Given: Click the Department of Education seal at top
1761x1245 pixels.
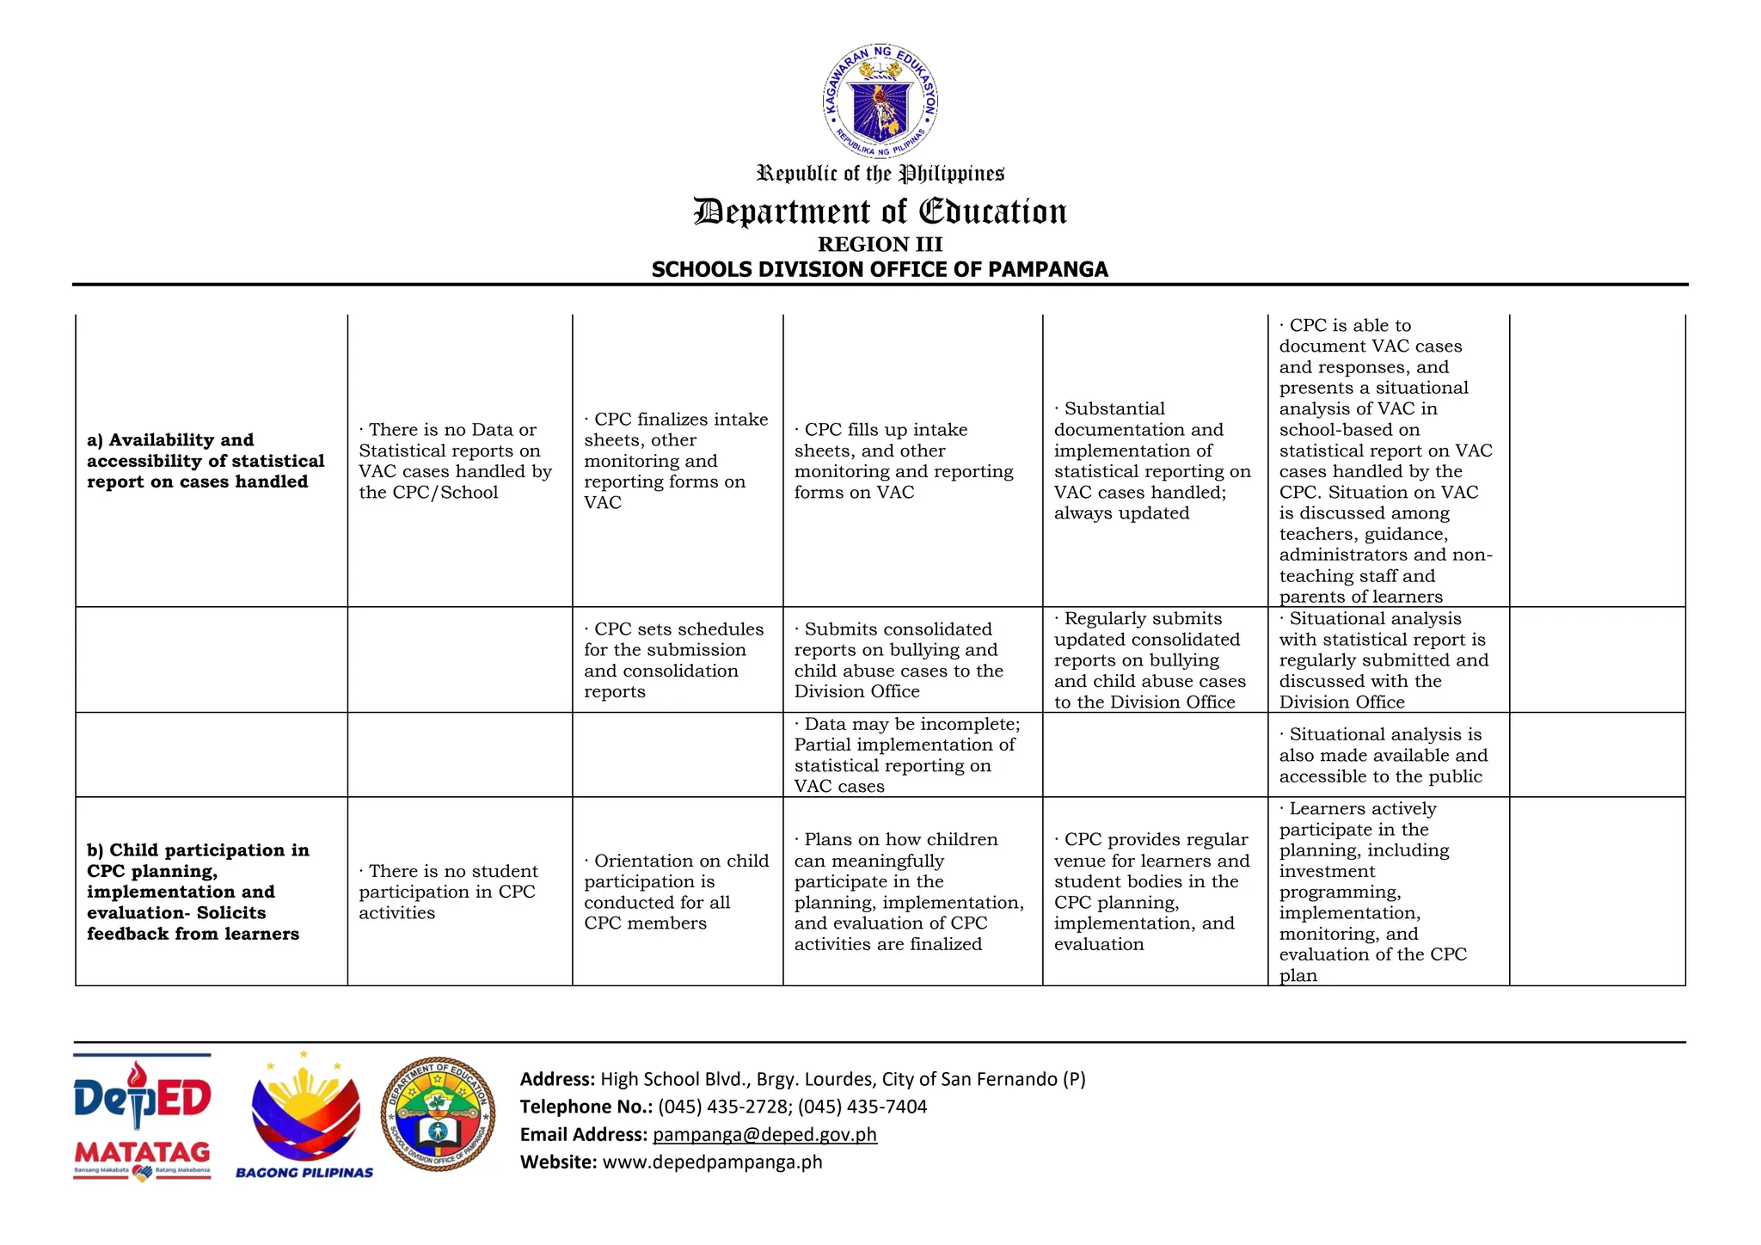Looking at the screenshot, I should (880, 101).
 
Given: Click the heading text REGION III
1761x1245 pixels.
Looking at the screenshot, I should (880, 244).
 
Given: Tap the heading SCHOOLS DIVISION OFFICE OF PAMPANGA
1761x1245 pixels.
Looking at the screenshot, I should (880, 269).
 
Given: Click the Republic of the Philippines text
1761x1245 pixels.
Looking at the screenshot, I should (880, 174).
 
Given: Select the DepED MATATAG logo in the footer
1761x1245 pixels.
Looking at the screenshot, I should (142, 1118).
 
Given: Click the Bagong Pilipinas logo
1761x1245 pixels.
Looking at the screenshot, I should (304, 1118).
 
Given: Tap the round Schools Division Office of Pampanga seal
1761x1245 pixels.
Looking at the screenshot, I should (438, 1114).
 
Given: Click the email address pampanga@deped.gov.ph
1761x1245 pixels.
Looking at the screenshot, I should (764, 1134).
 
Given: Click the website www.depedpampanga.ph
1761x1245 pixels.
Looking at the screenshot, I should (712, 1162).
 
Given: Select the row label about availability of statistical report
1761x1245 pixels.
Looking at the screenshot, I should (206, 461).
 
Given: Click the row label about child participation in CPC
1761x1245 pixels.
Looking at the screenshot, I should (198, 892).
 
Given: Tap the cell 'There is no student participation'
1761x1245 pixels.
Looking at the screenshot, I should (448, 892).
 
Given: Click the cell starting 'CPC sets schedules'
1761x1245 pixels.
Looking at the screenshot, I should (673, 659).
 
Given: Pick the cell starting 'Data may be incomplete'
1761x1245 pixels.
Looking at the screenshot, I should (906, 755).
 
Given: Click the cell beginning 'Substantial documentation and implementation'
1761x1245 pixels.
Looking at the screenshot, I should (1151, 461).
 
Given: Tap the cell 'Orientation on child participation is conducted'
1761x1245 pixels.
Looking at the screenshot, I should (676, 892).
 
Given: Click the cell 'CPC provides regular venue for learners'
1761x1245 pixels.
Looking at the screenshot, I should (1151, 892).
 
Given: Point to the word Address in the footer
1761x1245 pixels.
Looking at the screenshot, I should (556, 1079).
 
